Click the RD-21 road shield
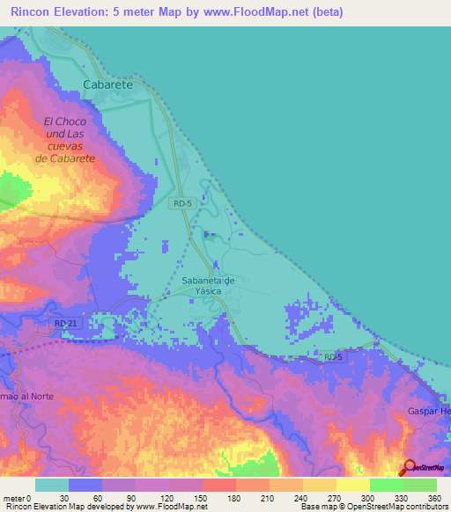tap(65, 325)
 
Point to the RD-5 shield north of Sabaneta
tap(181, 203)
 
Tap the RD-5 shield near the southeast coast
tap(331, 356)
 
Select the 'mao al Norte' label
tap(26, 396)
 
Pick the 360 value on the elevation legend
tap(433, 497)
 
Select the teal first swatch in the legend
tap(52, 485)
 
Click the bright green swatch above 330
tap(386, 485)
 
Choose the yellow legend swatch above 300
tap(352, 485)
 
